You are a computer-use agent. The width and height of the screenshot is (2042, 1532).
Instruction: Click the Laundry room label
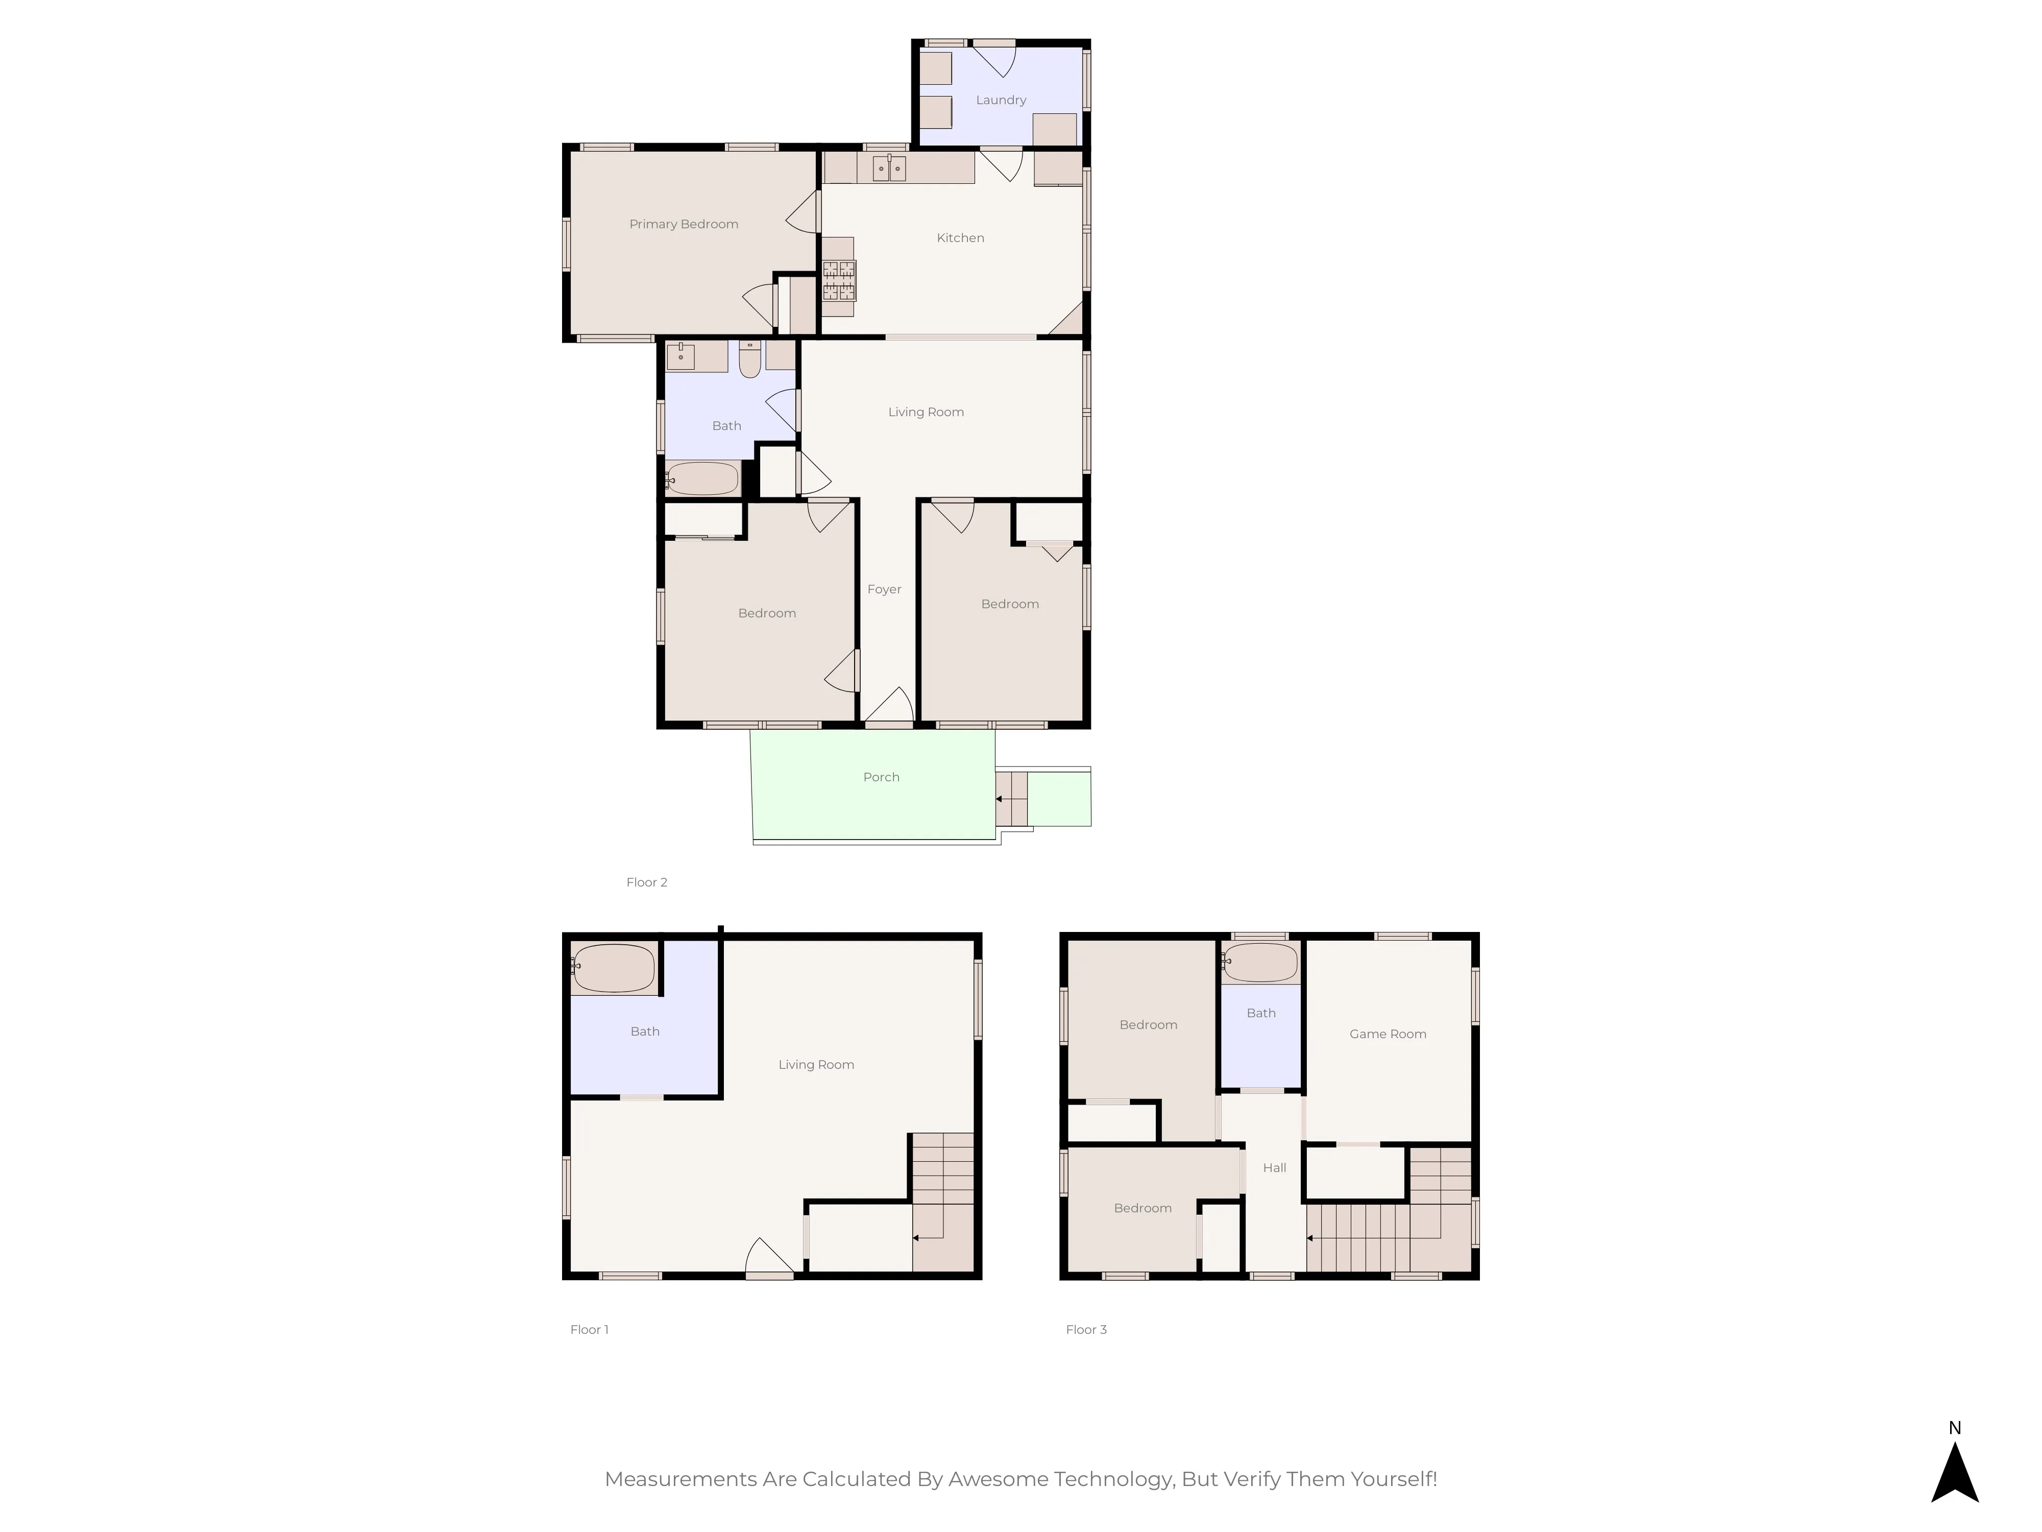1001,100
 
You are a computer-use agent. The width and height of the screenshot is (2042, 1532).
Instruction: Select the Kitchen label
960,238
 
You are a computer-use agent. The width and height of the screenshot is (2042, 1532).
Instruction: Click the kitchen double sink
889,168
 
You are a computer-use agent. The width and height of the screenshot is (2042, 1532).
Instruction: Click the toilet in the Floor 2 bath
749,359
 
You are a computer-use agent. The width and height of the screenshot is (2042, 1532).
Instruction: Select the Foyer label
884,589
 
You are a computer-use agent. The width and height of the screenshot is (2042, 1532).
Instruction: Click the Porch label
881,778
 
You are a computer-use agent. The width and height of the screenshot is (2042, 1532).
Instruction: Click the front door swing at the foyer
889,706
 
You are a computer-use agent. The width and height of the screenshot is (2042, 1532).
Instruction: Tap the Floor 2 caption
646,883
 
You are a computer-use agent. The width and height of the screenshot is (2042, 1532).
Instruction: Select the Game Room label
1388,1034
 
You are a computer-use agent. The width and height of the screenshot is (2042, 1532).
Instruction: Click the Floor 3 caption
1086,1330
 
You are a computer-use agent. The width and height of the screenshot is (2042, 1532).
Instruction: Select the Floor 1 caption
589,1330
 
